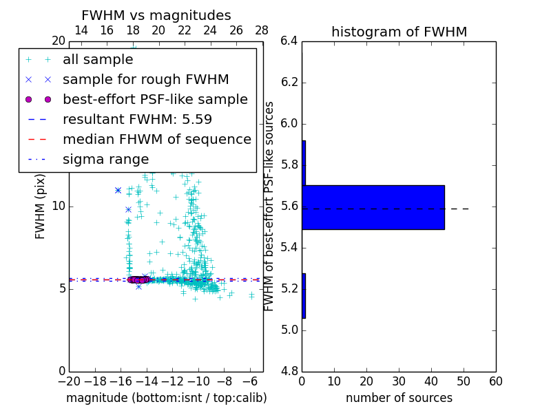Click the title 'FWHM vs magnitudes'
point(156,16)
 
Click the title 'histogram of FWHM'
point(399,32)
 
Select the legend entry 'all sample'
point(98,60)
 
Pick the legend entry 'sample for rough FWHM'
point(145,80)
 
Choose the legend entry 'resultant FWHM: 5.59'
point(137,120)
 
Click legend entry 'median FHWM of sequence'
point(156,140)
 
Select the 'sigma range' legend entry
point(105,160)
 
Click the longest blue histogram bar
point(373,207)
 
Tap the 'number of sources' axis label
point(399,398)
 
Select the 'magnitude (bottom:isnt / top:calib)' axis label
point(166,398)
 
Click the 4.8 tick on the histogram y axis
point(289,371)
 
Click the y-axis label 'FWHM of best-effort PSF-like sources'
point(270,206)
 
